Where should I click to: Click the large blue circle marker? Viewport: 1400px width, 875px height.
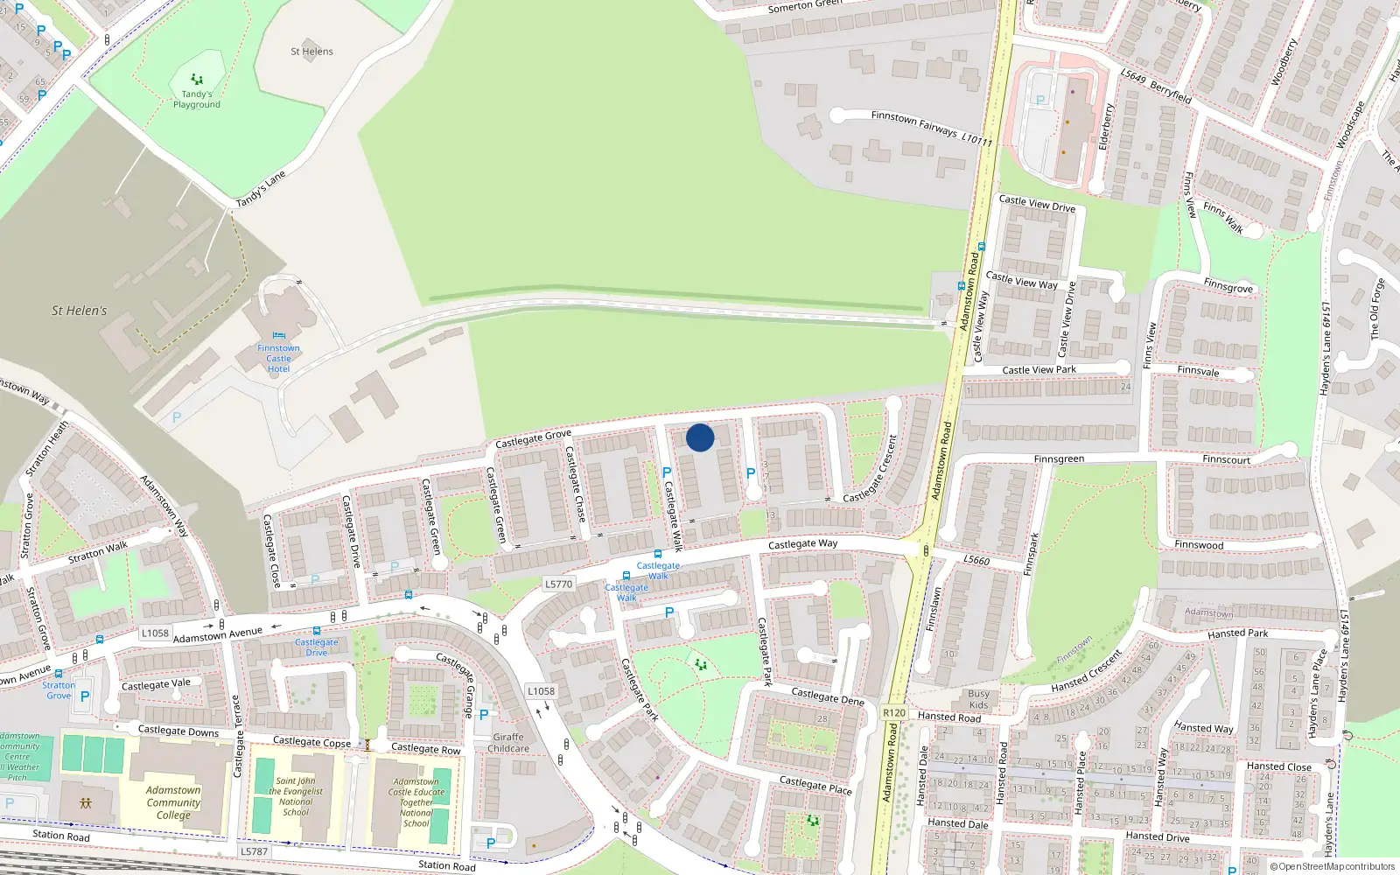700,437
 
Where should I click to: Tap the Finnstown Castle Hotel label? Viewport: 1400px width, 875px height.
278,359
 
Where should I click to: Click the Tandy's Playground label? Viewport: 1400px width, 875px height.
197,100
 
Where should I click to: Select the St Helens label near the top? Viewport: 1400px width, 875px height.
311,52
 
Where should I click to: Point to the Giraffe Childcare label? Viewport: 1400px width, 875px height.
508,743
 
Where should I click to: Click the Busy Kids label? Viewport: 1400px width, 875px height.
978,699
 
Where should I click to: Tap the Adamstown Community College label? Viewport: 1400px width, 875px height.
173,802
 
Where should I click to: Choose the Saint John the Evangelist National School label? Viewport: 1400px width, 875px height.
296,796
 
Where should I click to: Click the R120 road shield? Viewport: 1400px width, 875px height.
894,712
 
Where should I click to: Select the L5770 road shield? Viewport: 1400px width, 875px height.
558,584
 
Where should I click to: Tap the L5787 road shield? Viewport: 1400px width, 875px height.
254,851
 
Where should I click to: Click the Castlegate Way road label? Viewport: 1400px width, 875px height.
802,544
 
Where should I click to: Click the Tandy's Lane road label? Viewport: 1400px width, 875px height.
261,190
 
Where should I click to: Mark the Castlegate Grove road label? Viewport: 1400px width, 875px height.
533,438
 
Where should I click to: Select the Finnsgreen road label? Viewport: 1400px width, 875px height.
1059,458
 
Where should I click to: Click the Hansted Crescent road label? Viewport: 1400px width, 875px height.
1087,672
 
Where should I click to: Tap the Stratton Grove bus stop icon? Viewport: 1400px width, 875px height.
59,674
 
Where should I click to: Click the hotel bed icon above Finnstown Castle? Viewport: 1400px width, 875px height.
278,336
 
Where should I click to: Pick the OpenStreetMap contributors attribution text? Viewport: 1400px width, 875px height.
1333,866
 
